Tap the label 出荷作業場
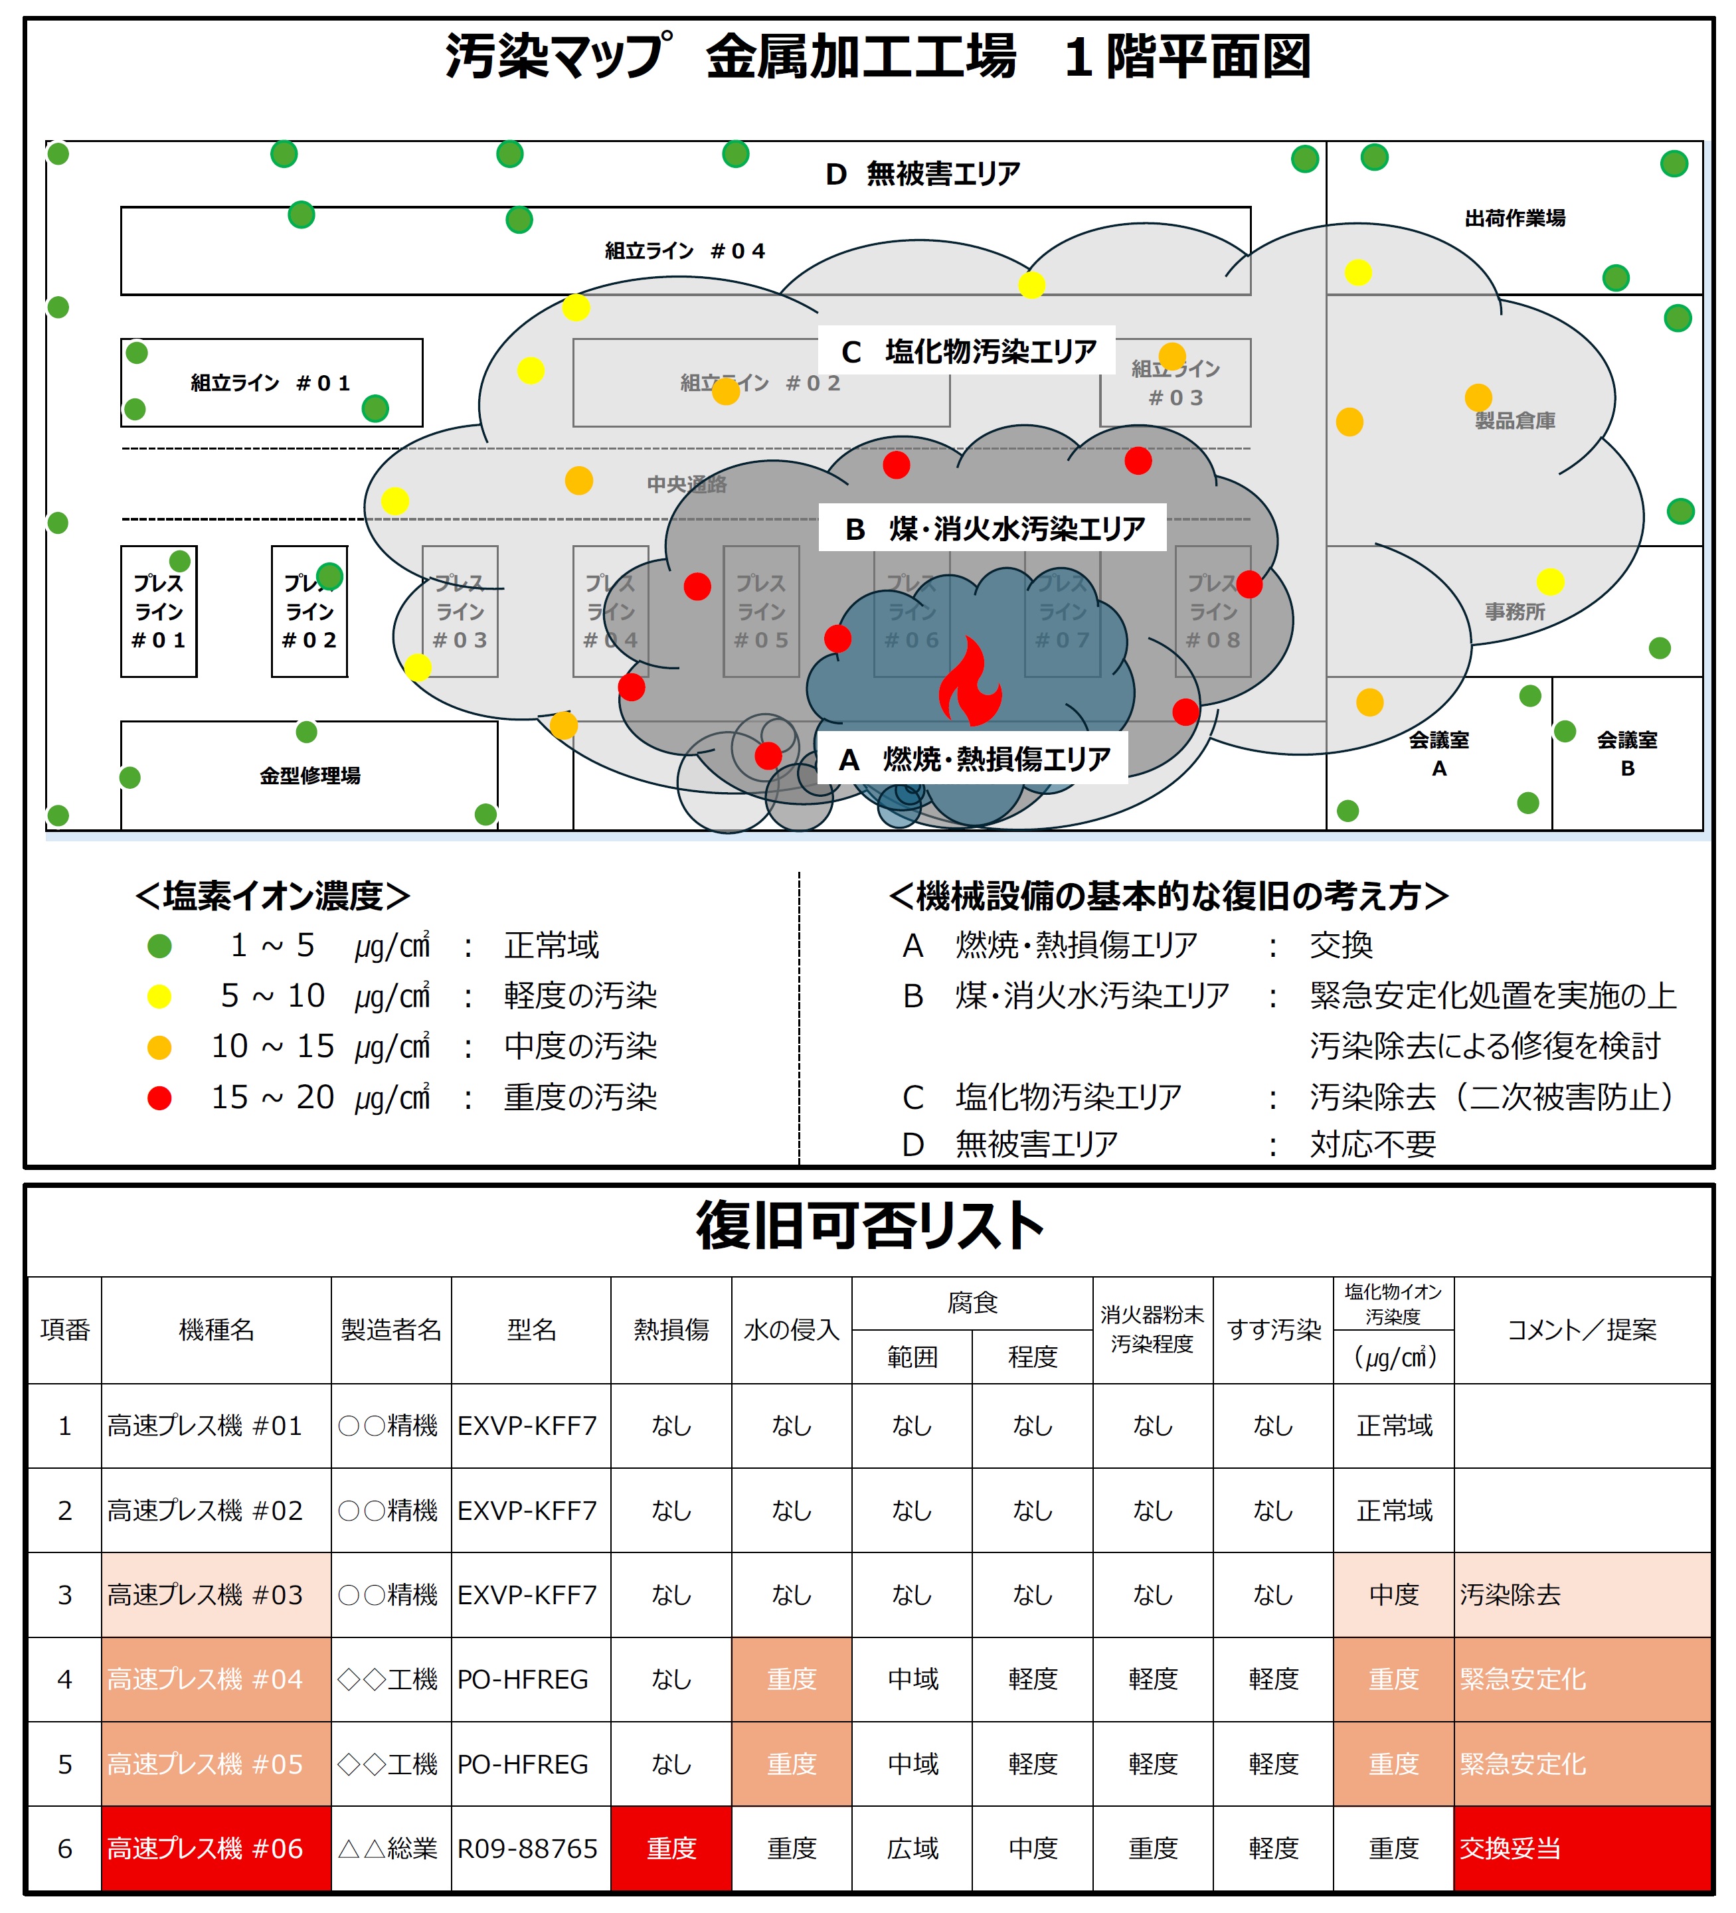[x=1514, y=218]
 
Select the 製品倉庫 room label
[x=1514, y=420]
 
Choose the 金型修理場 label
[x=309, y=776]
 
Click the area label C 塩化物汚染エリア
[x=967, y=351]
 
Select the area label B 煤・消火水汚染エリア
[x=993, y=528]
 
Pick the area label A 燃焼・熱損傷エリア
[x=973, y=758]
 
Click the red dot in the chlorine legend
[x=159, y=1098]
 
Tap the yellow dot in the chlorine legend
[x=159, y=997]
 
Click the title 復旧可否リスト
[x=869, y=1225]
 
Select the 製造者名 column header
[x=391, y=1329]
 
